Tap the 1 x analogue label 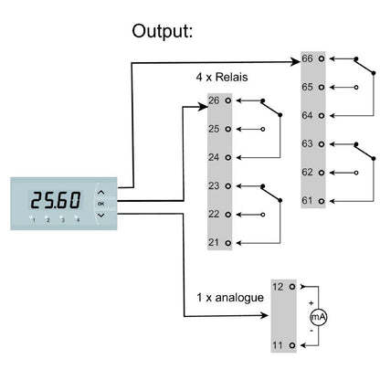[x=229, y=298]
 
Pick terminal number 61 [x=308, y=199]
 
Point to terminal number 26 [x=214, y=100]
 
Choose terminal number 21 [x=214, y=241]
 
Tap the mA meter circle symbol [x=318, y=316]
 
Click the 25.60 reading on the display [x=56, y=200]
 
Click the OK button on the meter [x=100, y=204]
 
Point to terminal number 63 [x=308, y=144]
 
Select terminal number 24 [x=214, y=157]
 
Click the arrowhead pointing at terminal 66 [x=294, y=63]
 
